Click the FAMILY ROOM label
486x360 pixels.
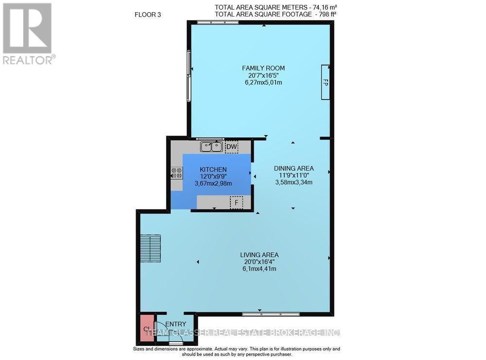[264, 68]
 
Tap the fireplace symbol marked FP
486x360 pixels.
[326, 83]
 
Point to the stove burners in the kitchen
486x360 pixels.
[176, 173]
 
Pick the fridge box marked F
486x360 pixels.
[236, 202]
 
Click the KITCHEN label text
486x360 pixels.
[213, 169]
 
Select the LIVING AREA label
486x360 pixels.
[259, 255]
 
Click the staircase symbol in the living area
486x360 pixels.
[151, 248]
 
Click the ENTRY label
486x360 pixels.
[175, 324]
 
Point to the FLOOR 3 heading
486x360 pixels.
[148, 15]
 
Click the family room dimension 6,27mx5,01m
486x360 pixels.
[264, 83]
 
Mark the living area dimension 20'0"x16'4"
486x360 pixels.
[259, 262]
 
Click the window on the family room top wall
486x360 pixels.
[217, 22]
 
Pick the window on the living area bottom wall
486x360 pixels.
[271, 314]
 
